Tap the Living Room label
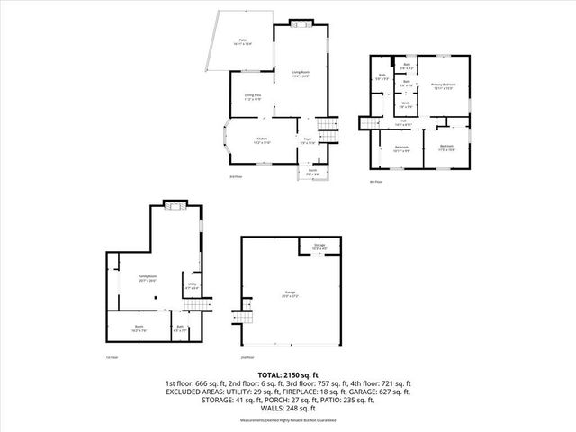coord(301,74)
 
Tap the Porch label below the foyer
coord(312,171)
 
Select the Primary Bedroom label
coord(444,86)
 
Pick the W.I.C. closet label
coord(407,103)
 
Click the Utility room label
coord(192,285)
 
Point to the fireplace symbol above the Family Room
coord(174,206)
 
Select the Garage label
coord(291,293)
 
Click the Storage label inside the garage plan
coord(319,246)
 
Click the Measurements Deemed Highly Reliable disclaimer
coord(288,420)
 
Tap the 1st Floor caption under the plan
coord(112,356)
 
